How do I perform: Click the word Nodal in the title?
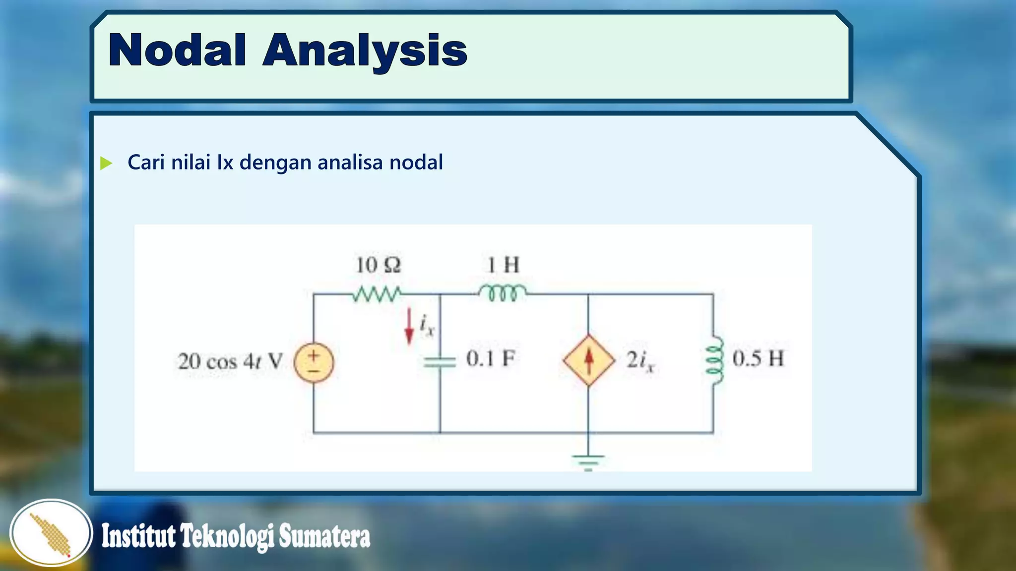point(177,50)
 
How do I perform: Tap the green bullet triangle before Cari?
point(106,163)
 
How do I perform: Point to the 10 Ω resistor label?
point(378,265)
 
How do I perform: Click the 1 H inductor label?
point(503,265)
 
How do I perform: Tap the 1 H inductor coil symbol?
point(503,293)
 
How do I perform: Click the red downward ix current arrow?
point(409,326)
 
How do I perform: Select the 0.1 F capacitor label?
point(490,358)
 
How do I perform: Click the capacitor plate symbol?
point(440,362)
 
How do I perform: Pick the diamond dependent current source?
point(588,360)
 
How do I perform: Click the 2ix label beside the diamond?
point(640,361)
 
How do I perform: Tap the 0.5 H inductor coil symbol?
point(714,360)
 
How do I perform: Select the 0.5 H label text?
point(758,358)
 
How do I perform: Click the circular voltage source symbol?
point(314,362)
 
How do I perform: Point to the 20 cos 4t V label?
point(230,361)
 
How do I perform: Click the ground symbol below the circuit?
point(588,461)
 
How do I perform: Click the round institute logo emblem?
point(51,533)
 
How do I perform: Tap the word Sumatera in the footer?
point(324,537)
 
